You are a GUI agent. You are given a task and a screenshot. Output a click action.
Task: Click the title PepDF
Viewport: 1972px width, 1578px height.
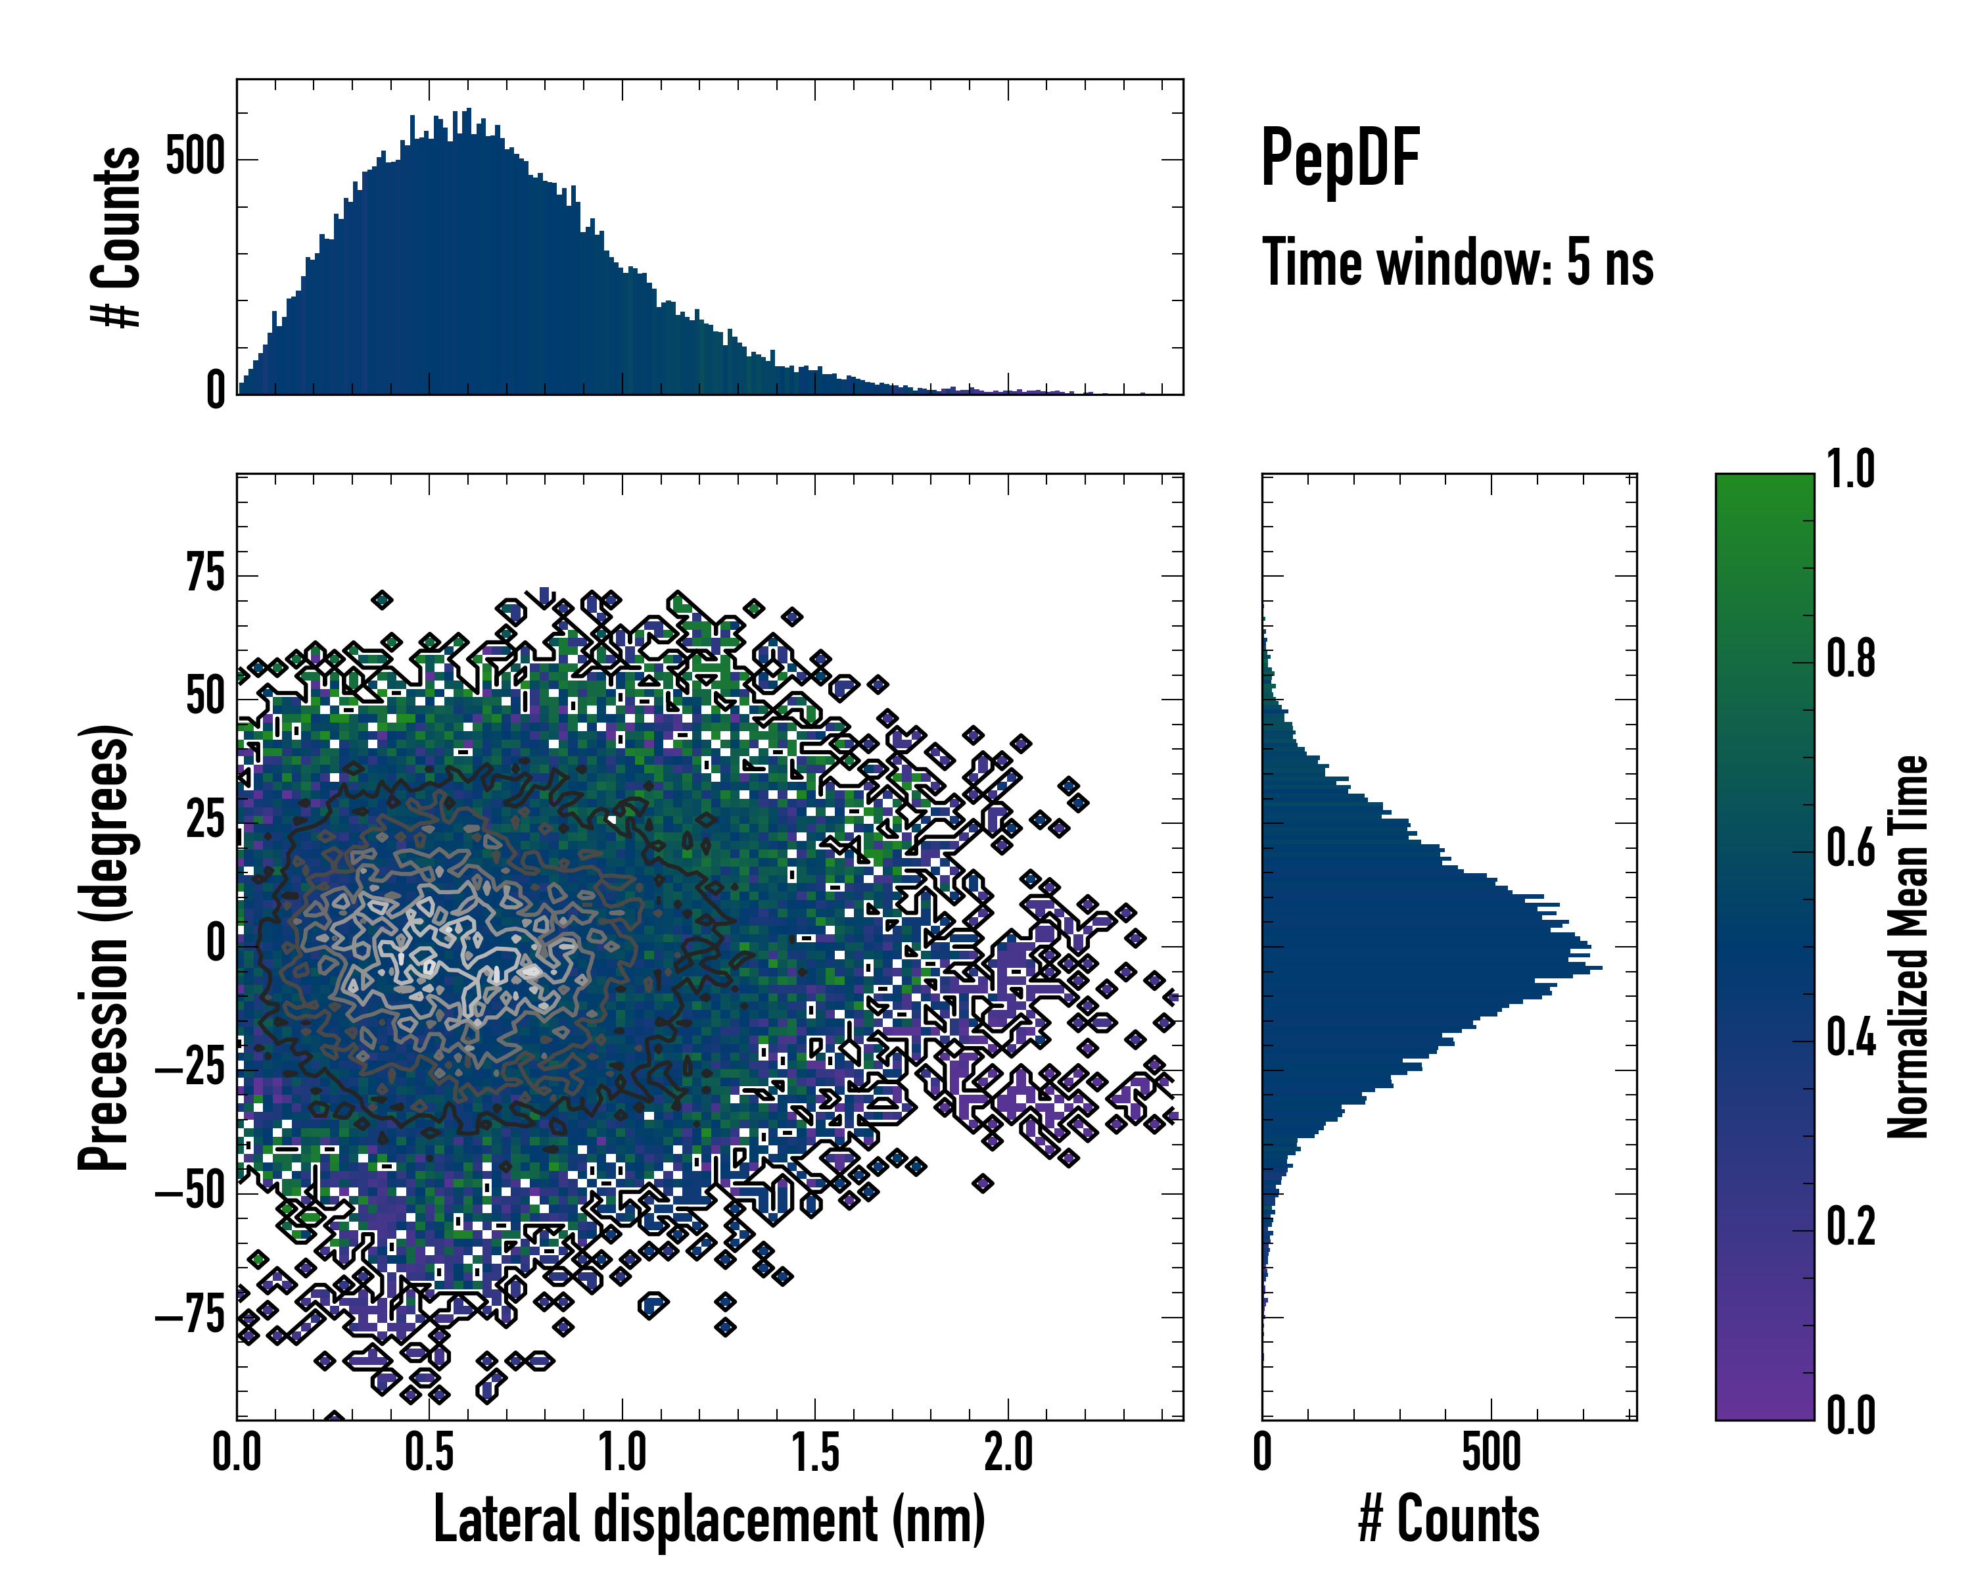pyautogui.click(x=1340, y=159)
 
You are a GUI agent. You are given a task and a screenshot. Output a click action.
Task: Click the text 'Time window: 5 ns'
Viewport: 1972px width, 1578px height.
pyautogui.click(x=1458, y=262)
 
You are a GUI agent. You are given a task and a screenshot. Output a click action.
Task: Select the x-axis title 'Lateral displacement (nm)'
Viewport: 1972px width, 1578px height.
pyautogui.click(x=709, y=1519)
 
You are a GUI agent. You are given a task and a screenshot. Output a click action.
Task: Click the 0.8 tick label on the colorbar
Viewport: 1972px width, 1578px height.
pyautogui.click(x=1850, y=659)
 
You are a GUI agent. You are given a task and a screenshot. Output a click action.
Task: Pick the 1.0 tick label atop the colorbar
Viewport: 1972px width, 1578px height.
pyautogui.click(x=1850, y=469)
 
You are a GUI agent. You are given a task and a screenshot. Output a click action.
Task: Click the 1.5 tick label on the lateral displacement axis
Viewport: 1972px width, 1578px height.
pyautogui.click(x=815, y=1452)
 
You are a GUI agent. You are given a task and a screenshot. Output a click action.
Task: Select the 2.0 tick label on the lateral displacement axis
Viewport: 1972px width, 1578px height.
pyautogui.click(x=1008, y=1452)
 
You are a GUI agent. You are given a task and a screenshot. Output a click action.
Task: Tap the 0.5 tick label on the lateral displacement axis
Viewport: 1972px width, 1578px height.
pyautogui.click(x=429, y=1452)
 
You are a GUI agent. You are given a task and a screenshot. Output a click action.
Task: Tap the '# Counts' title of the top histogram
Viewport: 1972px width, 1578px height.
pyautogui.click(x=116, y=236)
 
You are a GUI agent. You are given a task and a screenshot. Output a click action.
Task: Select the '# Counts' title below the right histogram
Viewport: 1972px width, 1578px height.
pyautogui.click(x=1449, y=1519)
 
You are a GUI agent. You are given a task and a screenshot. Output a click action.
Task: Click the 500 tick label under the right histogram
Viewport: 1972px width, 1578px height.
pyautogui.click(x=1491, y=1452)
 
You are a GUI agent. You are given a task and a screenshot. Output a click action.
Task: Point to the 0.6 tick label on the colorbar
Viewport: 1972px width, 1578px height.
pyautogui.click(x=1850, y=848)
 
